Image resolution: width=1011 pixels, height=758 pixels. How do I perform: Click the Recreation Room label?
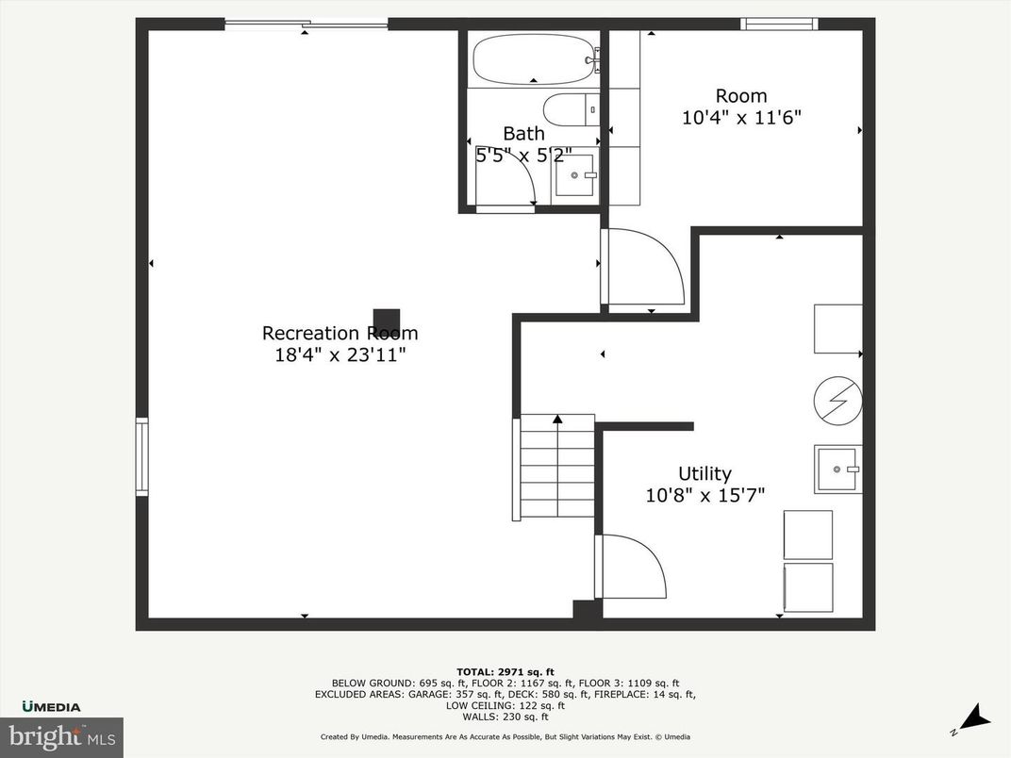click(340, 333)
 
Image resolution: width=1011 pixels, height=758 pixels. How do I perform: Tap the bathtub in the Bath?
click(534, 59)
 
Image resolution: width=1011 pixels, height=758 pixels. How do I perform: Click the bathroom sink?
click(575, 175)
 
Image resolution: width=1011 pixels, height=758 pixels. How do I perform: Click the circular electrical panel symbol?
click(837, 400)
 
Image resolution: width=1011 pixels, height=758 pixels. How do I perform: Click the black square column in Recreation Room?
click(387, 321)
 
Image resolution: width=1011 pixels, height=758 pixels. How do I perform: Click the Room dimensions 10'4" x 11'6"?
click(740, 118)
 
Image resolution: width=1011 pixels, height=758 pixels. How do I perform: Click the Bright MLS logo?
click(61, 736)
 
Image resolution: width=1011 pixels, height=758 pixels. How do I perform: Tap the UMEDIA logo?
click(52, 706)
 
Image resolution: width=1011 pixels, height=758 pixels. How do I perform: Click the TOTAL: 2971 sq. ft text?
click(505, 672)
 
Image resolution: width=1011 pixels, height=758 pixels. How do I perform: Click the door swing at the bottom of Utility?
click(632, 566)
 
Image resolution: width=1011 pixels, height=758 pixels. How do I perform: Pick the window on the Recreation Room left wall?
click(141, 457)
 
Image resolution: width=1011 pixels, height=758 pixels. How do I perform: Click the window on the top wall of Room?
click(778, 25)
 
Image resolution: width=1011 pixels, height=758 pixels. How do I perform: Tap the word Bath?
click(523, 134)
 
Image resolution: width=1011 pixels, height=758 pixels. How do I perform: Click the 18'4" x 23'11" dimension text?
click(340, 354)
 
